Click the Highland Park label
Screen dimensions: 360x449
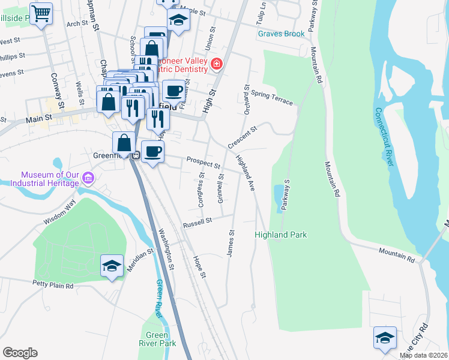pyautogui.click(x=281, y=235)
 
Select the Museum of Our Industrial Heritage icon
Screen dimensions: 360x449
pyautogui.click(x=88, y=178)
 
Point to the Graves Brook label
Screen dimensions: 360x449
pyautogui.click(x=282, y=34)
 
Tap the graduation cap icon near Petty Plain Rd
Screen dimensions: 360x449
pyautogui.click(x=112, y=266)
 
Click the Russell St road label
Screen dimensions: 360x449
pyautogui.click(x=198, y=221)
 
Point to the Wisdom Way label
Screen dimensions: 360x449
pyautogui.click(x=59, y=212)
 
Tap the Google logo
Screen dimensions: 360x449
pyautogui.click(x=20, y=353)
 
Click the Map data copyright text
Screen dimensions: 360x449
pyautogui.click(x=424, y=355)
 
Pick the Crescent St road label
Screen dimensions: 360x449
pyautogui.click(x=243, y=137)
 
